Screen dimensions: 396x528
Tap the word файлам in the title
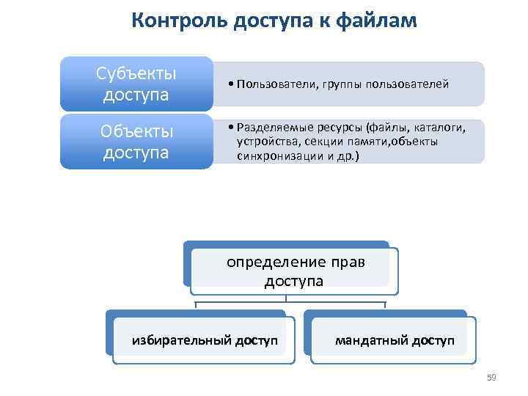[375, 21]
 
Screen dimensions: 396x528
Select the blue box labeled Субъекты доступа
[136, 84]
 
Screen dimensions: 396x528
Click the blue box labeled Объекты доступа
[136, 142]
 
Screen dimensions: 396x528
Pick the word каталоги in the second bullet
[439, 128]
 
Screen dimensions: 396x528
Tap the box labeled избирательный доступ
[205, 340]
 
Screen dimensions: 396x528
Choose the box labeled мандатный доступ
[395, 340]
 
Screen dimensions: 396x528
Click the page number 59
[491, 378]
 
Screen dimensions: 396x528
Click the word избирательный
[181, 340]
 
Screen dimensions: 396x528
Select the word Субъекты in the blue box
[136, 74]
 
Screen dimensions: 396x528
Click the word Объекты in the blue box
[136, 132]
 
